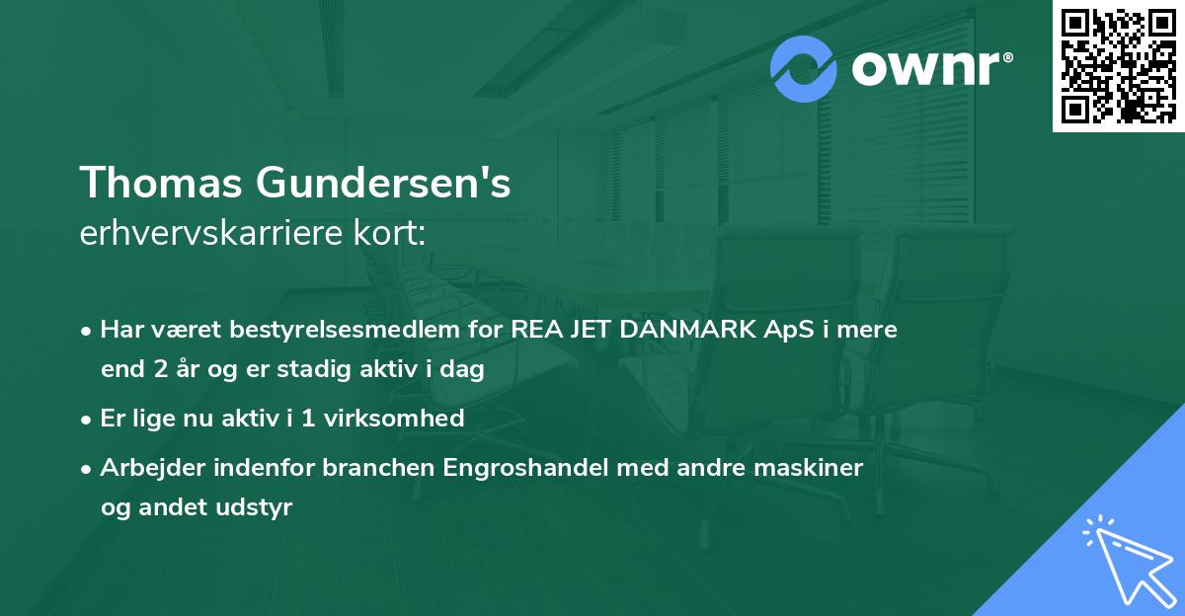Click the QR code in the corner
(x=1118, y=66)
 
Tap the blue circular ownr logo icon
(x=804, y=69)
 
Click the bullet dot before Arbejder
(x=88, y=468)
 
